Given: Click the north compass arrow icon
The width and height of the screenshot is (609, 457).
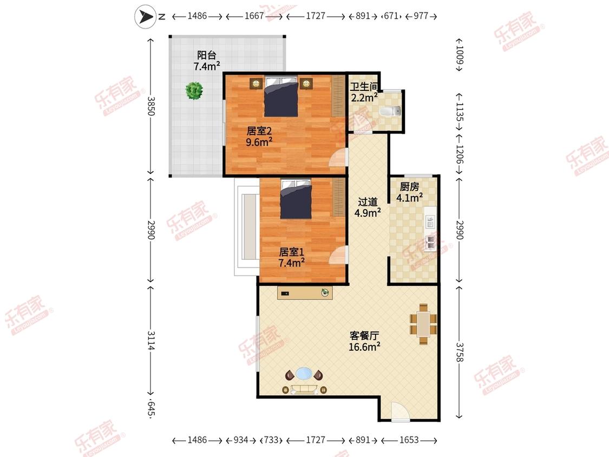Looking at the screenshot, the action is [x=145, y=17].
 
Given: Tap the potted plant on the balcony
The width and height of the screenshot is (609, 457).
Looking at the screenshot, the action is [x=194, y=90].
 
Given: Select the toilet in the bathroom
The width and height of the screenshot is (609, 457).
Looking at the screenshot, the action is [x=391, y=112].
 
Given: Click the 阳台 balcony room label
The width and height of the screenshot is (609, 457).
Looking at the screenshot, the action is [x=207, y=55].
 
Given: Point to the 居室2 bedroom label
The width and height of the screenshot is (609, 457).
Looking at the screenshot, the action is [x=259, y=132].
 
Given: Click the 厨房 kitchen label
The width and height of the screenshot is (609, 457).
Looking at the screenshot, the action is [x=409, y=187].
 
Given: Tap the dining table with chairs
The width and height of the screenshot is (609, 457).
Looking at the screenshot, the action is [x=423, y=324].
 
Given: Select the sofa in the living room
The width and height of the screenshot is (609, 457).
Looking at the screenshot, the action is [x=304, y=389].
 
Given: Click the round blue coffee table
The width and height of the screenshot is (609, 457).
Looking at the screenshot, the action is [x=304, y=374].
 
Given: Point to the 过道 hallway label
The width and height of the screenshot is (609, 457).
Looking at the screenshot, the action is [x=368, y=201].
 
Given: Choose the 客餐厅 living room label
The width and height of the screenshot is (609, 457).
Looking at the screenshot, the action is [x=364, y=336].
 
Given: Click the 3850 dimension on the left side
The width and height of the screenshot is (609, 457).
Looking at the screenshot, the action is [x=151, y=106].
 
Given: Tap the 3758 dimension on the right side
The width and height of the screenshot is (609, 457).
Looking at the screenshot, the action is [x=460, y=352].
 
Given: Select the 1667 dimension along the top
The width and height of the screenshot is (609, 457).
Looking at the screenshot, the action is [x=254, y=16].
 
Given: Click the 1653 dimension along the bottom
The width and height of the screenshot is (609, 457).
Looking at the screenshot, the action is [x=409, y=440].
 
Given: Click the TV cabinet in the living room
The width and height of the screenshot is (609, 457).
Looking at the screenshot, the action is [x=305, y=292].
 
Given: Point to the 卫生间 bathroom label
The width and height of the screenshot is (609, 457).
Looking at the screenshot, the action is [x=364, y=87].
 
